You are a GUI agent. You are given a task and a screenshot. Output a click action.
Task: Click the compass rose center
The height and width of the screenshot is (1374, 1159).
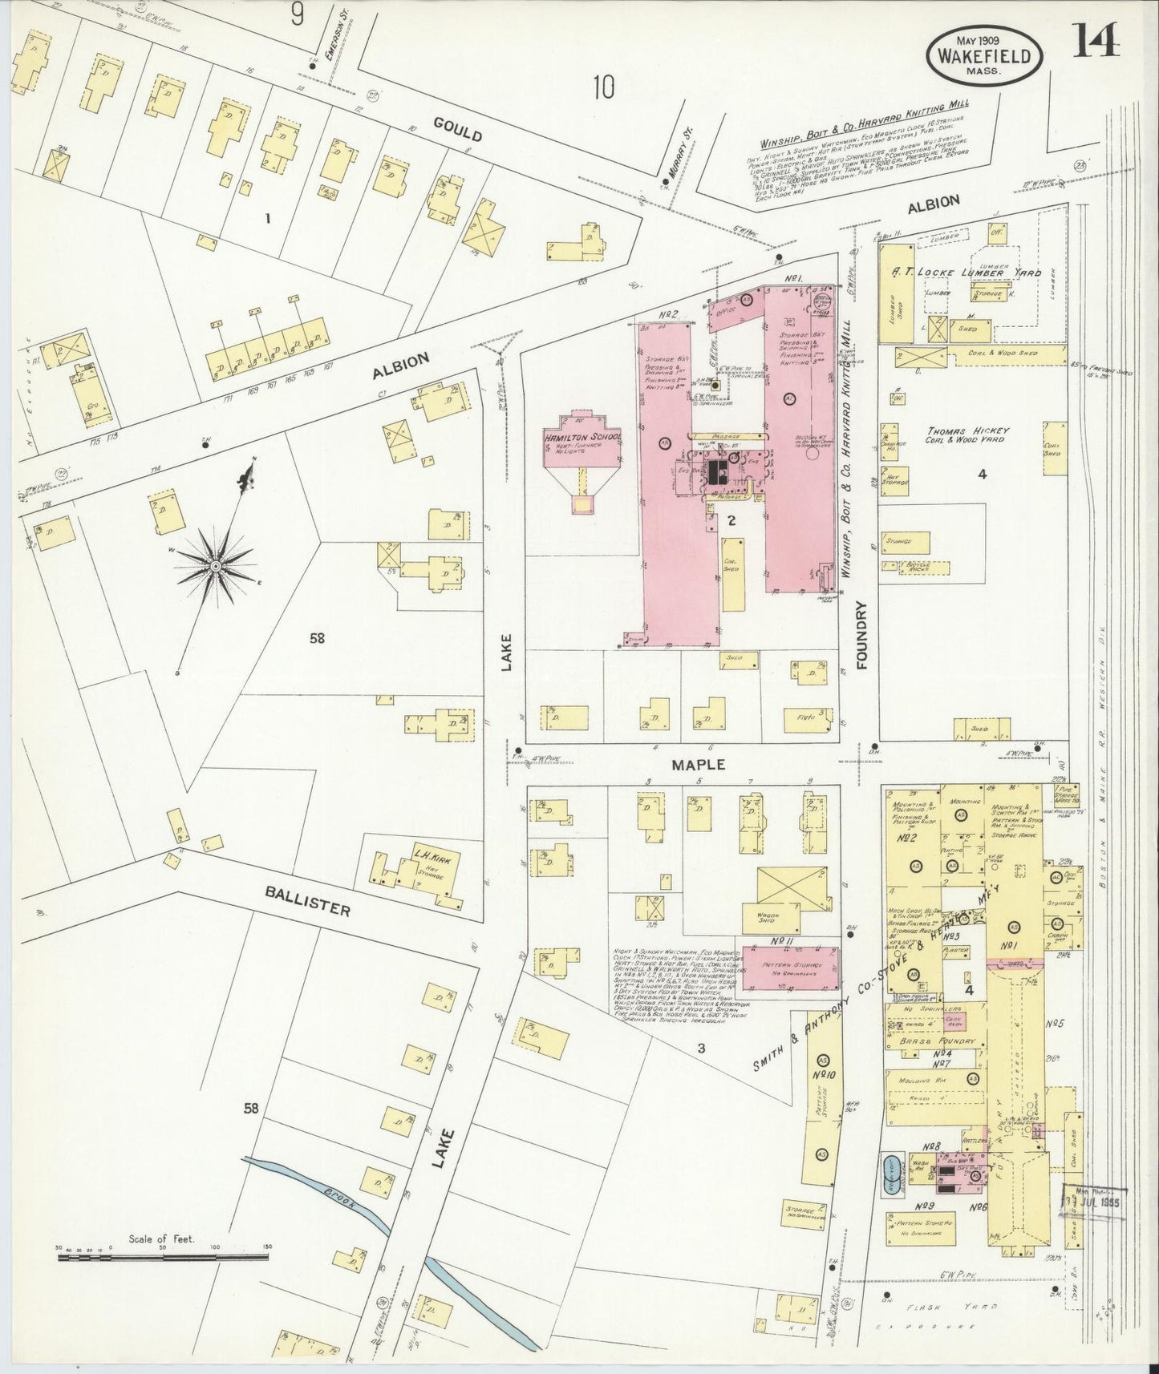(215, 566)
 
